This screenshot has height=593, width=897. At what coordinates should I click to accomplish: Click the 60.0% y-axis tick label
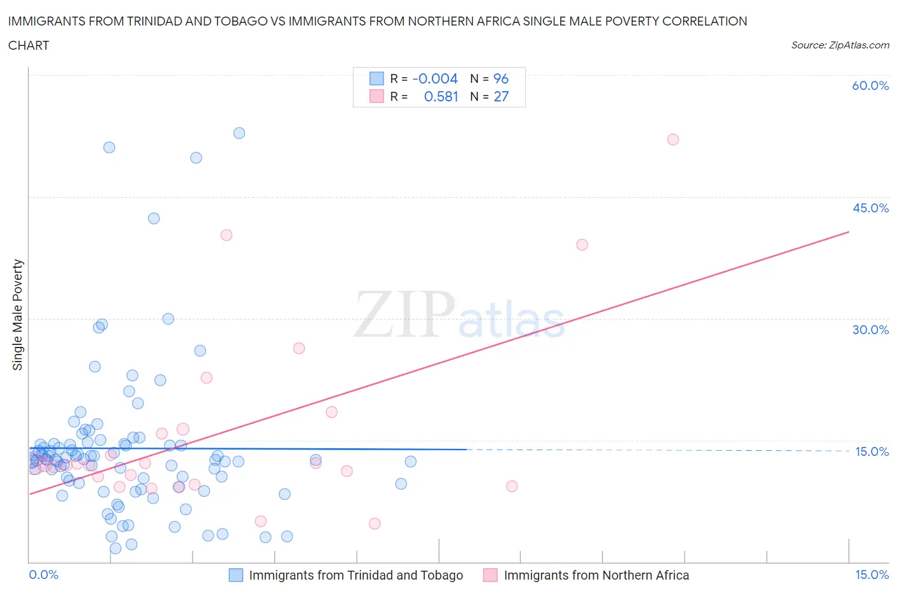(870, 85)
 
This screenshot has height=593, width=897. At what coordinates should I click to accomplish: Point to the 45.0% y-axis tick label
(870, 208)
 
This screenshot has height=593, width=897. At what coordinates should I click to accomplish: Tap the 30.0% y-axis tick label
(870, 330)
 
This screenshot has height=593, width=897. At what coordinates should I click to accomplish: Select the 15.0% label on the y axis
(871, 451)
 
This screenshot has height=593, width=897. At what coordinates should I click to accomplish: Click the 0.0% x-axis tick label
(43, 575)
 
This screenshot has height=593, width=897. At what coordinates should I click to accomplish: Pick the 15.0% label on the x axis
(871, 575)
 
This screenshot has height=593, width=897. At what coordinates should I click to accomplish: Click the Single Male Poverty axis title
(18, 314)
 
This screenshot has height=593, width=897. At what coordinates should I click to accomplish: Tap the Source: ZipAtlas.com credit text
(840, 45)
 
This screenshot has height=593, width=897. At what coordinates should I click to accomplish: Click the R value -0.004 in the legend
(435, 78)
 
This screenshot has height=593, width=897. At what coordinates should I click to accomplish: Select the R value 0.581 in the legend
(441, 96)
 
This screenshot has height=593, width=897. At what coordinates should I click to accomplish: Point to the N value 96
(501, 78)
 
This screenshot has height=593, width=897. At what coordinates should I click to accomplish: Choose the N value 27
(501, 96)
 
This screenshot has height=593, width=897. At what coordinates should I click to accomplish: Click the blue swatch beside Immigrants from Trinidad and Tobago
(236, 575)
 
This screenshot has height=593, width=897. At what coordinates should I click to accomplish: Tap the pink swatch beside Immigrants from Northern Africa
(490, 575)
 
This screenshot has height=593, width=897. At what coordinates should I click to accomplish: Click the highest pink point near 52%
(672, 140)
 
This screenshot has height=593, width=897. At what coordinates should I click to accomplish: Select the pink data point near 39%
(582, 245)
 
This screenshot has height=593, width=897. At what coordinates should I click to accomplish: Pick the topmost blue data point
(239, 133)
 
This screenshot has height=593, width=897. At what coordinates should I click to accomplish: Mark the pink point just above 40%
(226, 235)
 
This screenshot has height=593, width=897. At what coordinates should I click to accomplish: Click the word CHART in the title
(29, 45)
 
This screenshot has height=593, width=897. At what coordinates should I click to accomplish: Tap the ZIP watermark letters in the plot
(404, 314)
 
